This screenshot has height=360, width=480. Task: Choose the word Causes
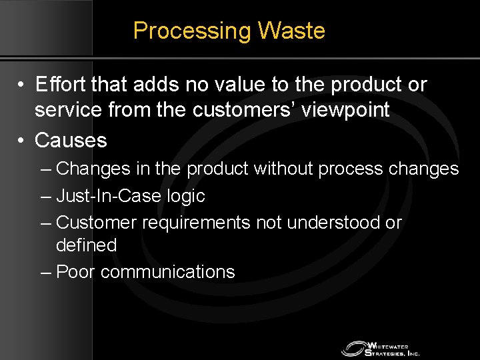[71, 140]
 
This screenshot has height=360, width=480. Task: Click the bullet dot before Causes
[22, 141]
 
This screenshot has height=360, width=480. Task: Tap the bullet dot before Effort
[22, 86]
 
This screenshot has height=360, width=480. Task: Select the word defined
[87, 245]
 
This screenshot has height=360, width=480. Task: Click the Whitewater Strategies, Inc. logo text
[393, 349]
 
